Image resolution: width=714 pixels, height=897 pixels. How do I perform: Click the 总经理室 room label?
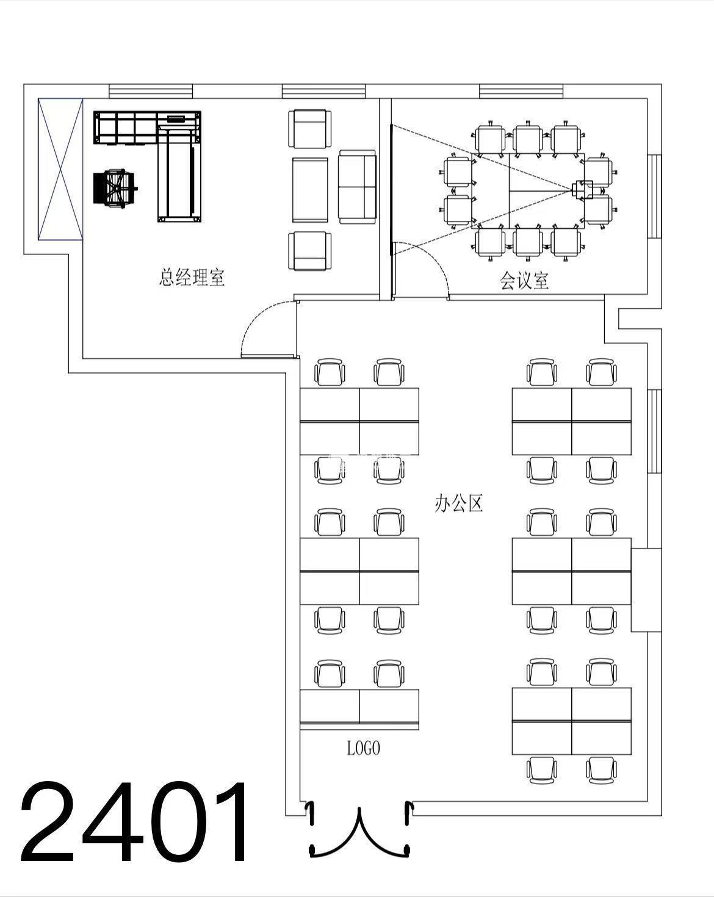click(x=192, y=277)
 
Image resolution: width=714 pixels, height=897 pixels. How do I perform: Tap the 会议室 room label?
click(x=524, y=281)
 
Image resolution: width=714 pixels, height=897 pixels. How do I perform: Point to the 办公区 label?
click(x=458, y=503)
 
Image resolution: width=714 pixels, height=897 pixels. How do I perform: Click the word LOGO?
click(x=364, y=747)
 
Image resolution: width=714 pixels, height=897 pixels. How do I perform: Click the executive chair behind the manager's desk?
click(x=115, y=189)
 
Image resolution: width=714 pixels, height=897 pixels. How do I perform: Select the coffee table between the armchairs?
click(x=309, y=190)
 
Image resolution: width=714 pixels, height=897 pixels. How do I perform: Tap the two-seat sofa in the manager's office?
click(x=357, y=187)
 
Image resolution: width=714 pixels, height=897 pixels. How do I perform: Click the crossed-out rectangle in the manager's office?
click(x=60, y=169)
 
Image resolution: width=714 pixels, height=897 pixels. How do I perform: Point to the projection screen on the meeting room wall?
click(x=391, y=190)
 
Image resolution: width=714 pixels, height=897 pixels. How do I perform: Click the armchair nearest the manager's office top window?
click(x=309, y=129)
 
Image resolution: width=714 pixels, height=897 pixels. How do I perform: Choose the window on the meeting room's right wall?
click(x=654, y=196)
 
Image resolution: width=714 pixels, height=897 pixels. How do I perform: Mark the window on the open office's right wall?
click(x=654, y=431)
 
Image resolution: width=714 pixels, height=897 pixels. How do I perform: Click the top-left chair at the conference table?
click(x=490, y=139)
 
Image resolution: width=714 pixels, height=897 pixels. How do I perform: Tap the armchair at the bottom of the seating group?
click(x=309, y=251)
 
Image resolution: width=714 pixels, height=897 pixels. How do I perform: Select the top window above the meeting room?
click(x=521, y=91)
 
